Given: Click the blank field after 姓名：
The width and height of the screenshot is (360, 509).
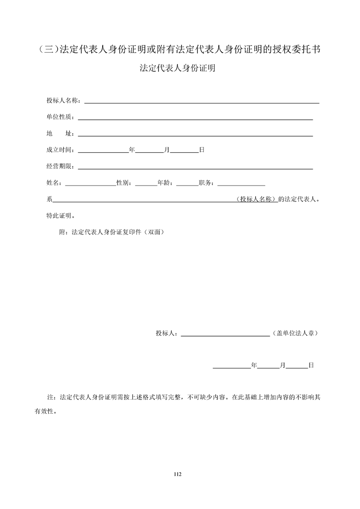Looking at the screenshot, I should tap(91, 184).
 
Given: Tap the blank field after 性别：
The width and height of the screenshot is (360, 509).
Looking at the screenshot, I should tap(146, 184).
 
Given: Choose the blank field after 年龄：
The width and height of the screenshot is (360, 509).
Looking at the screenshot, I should tap(187, 184).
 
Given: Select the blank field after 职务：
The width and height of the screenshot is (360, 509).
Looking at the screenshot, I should tap(242, 184).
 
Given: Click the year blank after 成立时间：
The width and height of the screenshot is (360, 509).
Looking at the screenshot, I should tap(104, 151).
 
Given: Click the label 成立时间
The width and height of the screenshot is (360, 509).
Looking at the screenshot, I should tap(59, 150).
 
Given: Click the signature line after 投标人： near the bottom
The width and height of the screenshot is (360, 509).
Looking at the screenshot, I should tap(226, 335).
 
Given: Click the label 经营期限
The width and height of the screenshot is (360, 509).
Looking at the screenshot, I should tap(59, 166).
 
